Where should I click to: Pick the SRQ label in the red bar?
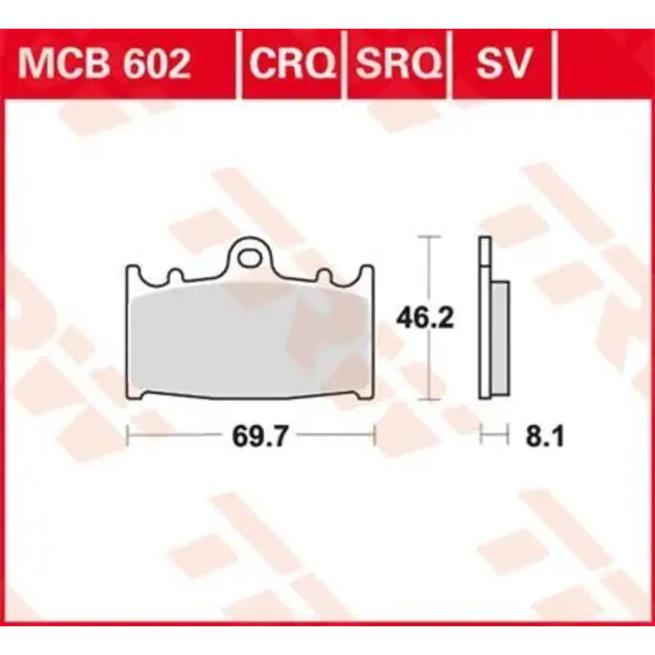[398, 63]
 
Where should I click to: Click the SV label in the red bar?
[504, 63]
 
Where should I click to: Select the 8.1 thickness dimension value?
[541, 437]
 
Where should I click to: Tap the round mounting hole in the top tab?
[250, 256]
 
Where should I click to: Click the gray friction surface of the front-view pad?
[250, 340]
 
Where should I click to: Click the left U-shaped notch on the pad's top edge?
[174, 276]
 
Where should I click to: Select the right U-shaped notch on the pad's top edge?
[324, 276]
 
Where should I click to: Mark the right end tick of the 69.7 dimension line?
[374, 436]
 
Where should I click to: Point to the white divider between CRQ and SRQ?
[346, 63]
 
